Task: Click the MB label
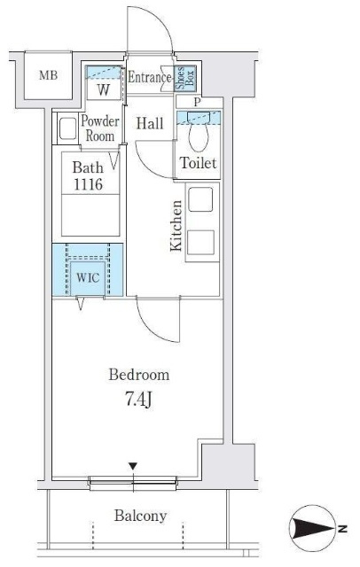tap(49, 75)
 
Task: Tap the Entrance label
tap(150, 77)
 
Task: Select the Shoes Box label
tap(185, 77)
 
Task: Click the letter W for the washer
tap(104, 90)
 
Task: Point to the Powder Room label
tap(100, 128)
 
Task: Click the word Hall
tap(150, 124)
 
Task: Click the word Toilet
tap(199, 163)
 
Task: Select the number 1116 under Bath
tap(89, 185)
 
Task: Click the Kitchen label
tap(176, 225)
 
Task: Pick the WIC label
tap(88, 277)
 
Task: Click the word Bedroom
tap(139, 375)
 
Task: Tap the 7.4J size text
tap(138, 400)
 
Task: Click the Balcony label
tap(140, 516)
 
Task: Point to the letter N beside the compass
tap(342, 529)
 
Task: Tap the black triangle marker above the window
tap(133, 466)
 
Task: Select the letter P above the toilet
tap(197, 102)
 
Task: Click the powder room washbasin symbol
tap(67, 128)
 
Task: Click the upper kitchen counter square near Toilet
tap(200, 198)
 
